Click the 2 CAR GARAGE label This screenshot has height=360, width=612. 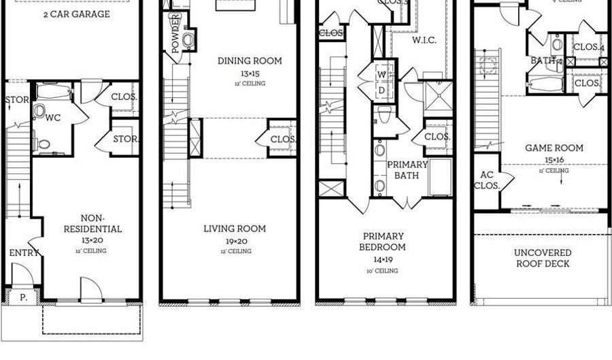[x=77, y=14]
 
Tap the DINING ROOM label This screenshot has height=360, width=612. [x=250, y=61]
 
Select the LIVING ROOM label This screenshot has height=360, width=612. [x=235, y=229]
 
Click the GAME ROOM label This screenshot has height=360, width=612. [x=554, y=148]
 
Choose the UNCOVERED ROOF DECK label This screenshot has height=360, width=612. [x=542, y=258]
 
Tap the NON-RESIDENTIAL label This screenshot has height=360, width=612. [x=92, y=224]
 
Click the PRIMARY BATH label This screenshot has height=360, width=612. [x=407, y=170]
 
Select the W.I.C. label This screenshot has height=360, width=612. [x=428, y=40]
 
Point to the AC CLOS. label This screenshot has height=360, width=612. [x=486, y=180]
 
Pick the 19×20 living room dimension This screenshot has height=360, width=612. [x=235, y=241]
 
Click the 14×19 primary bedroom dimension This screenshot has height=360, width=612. [x=382, y=259]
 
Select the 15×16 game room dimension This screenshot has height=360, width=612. [x=554, y=160]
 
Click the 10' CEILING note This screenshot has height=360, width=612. [x=382, y=270]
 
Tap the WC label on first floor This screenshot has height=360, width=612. [x=54, y=118]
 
